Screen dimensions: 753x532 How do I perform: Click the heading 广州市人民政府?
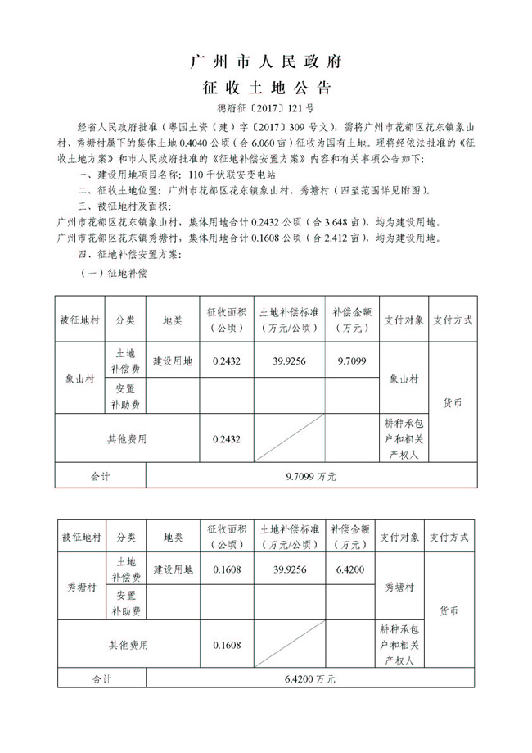(x=265, y=61)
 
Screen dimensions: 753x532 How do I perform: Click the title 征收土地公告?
(x=265, y=88)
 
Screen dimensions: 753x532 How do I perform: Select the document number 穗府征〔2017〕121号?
(x=265, y=108)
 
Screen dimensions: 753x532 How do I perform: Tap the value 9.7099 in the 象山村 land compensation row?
(x=351, y=361)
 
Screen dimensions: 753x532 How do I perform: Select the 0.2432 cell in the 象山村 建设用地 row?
(x=226, y=361)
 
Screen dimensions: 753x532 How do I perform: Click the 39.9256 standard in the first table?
(x=289, y=361)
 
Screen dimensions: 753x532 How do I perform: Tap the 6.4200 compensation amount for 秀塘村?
(x=350, y=569)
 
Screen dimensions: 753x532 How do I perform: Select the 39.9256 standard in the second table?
(x=289, y=569)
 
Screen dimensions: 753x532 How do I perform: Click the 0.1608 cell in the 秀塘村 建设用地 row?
(x=226, y=569)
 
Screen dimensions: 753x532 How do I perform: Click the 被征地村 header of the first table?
(x=80, y=320)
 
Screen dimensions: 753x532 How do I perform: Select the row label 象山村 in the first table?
(x=80, y=379)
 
